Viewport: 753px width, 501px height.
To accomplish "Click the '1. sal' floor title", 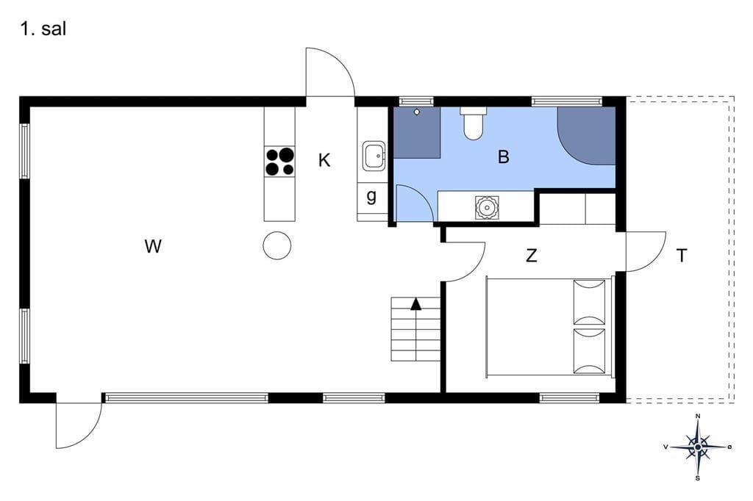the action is [43, 29].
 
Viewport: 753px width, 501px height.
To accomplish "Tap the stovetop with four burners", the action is [280, 162].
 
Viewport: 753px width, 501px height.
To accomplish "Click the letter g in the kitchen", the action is [371, 196].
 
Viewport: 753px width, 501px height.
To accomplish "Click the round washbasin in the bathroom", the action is [487, 208].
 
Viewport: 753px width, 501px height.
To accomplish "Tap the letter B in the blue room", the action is [503, 157].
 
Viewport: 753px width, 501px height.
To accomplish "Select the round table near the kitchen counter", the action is [277, 245].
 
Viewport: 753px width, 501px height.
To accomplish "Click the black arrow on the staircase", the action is [416, 304].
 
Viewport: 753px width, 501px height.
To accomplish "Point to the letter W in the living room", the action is [153, 247].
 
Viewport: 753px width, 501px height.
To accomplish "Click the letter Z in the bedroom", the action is [531, 256].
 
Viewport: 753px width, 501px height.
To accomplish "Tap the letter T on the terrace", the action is [682, 256].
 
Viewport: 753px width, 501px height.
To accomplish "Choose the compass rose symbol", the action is [698, 447].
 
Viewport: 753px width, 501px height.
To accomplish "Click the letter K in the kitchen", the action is [324, 160].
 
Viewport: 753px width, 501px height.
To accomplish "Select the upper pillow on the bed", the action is [589, 303].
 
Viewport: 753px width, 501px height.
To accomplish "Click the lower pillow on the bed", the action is [589, 352].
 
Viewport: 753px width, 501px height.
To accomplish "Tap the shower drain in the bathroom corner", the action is [418, 112].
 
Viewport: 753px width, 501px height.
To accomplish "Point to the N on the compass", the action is [698, 416].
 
